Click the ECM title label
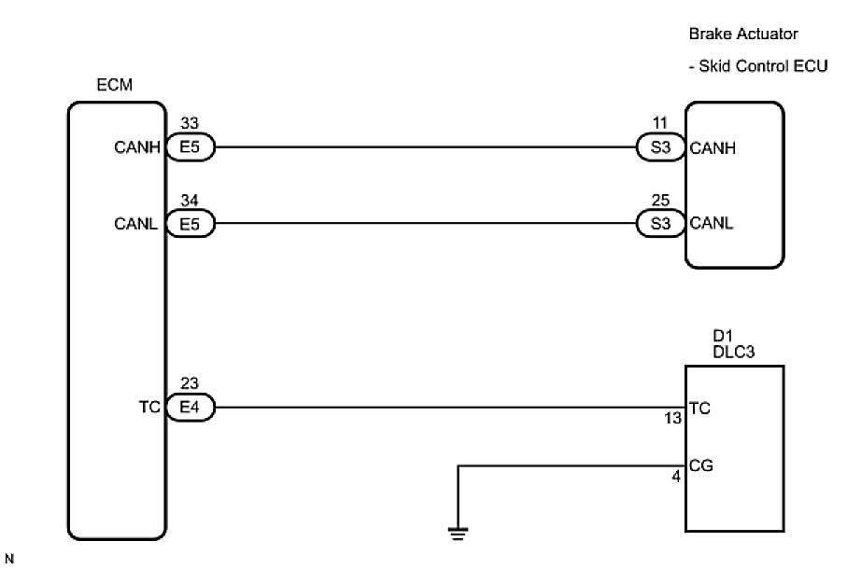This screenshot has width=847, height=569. (x=115, y=86)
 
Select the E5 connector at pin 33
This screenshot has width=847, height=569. (x=191, y=146)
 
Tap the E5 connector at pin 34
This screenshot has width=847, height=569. (x=191, y=224)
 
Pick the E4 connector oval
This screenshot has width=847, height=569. (x=191, y=408)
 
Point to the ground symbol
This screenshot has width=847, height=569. (x=458, y=534)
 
